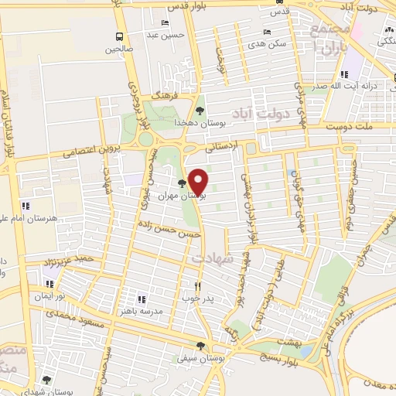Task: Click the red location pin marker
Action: coord(199,181)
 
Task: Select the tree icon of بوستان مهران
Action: coord(182,184)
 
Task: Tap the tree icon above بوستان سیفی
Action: coord(201,345)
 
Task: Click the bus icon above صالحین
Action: coord(118,36)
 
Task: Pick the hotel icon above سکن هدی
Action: coord(267,32)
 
